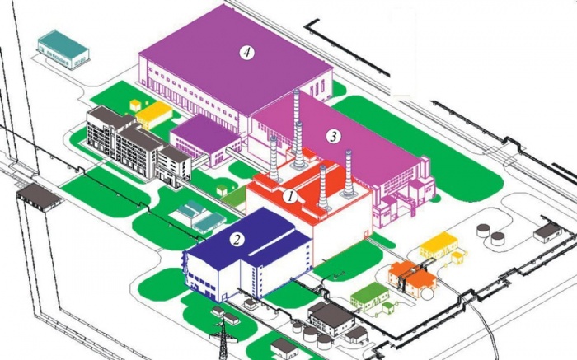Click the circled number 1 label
(290, 197)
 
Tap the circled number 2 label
(237, 240)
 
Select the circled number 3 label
(333, 137)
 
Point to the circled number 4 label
(246, 53)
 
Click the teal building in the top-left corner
(63, 49)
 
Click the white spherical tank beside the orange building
(428, 293)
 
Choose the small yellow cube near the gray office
(135, 105)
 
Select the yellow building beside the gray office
(154, 115)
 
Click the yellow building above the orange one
(439, 245)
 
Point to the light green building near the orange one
(369, 297)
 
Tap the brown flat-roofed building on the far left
(39, 197)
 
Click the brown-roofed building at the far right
(548, 232)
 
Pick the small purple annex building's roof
(204, 133)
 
